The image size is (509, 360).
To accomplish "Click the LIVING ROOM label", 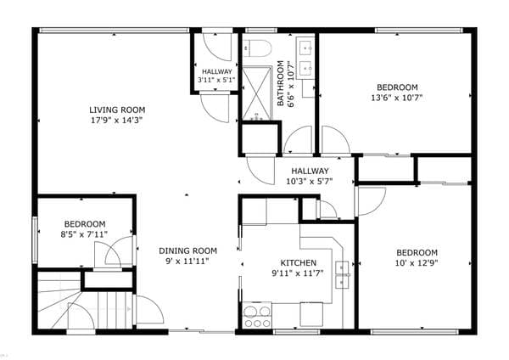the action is [117, 110].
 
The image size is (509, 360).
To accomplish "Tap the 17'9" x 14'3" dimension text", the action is [117, 121].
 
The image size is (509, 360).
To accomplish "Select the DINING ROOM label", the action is [187, 250].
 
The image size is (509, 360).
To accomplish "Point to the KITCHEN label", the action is [299, 263].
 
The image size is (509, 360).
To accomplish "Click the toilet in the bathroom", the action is [257, 48].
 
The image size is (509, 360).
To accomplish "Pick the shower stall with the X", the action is [257, 93].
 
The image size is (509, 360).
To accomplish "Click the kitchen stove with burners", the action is [257, 316].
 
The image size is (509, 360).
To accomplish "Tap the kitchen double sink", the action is [342, 274].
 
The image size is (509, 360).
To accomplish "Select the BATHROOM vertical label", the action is [281, 83].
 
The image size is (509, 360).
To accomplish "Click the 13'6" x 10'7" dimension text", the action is [397, 98].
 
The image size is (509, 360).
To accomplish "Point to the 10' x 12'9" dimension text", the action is [417, 263].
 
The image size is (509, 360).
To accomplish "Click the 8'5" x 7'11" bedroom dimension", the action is [84, 234].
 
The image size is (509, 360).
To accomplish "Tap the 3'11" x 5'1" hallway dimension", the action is [216, 80].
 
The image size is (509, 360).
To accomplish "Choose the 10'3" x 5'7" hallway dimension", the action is [310, 182].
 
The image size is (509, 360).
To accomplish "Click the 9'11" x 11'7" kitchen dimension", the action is [298, 273].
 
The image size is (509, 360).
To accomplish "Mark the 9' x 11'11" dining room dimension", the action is [187, 262].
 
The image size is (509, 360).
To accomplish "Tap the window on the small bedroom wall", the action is [35, 240].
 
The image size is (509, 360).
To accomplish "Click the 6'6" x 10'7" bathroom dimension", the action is [291, 84].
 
